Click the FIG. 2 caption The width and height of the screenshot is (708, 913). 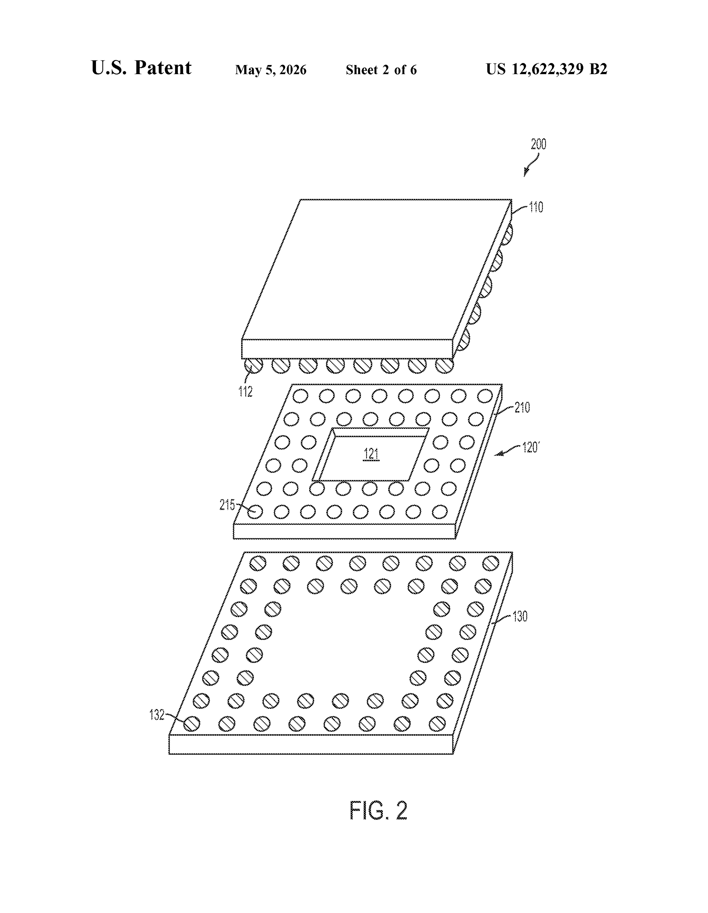378,810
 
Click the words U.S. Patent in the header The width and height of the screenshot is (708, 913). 141,68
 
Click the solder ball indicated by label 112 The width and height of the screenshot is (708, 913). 253,366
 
